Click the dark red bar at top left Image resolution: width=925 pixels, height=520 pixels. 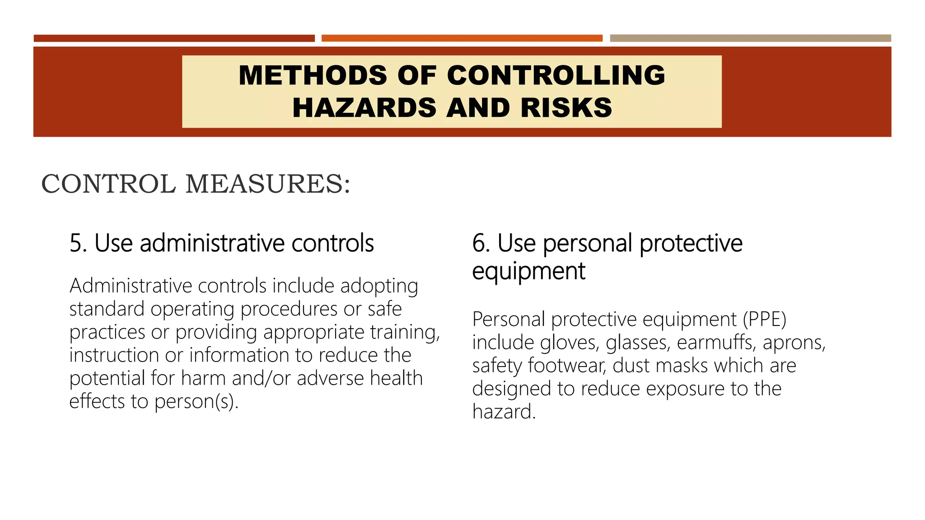pyautogui.click(x=174, y=38)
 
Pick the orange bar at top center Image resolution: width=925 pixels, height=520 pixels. pyautogui.click(x=462, y=38)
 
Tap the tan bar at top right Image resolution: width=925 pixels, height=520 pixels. pyautogui.click(x=750, y=38)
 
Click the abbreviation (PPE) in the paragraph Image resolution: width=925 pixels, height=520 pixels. pyautogui.click(x=765, y=320)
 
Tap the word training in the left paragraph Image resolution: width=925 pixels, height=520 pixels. pyautogui.click(x=405, y=333)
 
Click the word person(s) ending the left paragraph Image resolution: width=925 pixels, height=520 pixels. pyautogui.click(x=196, y=402)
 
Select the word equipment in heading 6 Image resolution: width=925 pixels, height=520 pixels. pyautogui.click(x=528, y=271)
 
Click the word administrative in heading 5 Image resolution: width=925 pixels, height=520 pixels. pyautogui.click(x=212, y=243)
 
